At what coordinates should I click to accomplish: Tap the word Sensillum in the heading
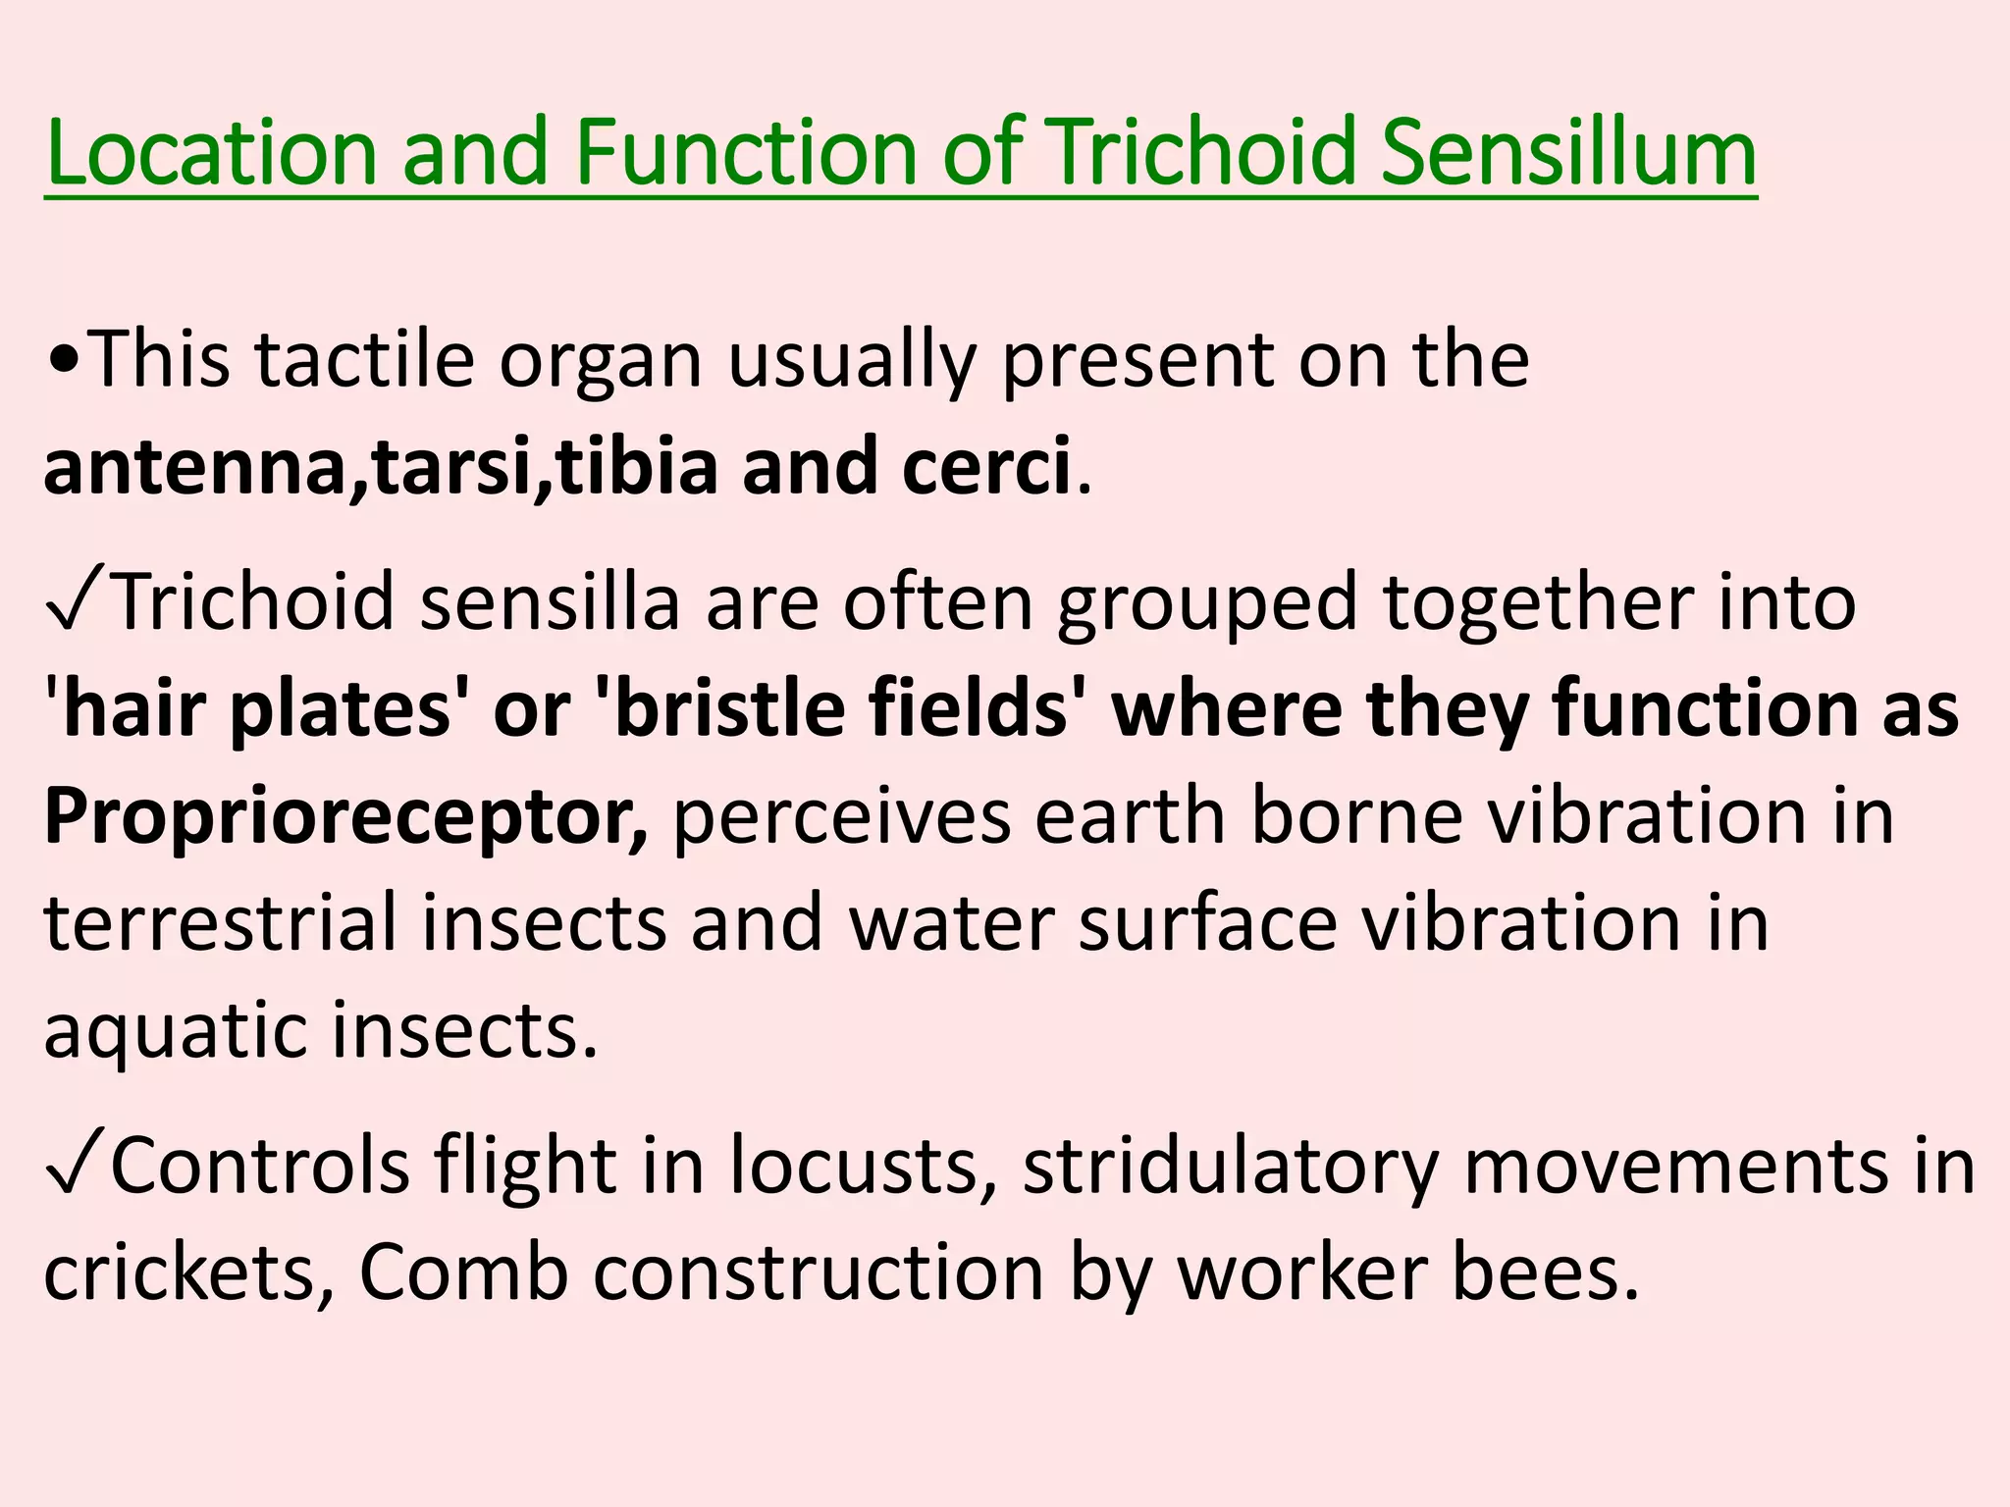pyautogui.click(x=1567, y=152)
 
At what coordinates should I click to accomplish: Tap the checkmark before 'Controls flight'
pyautogui.click(x=75, y=1166)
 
